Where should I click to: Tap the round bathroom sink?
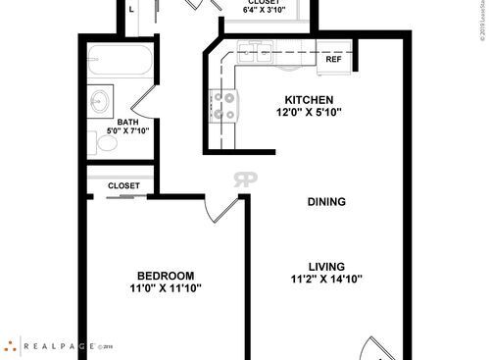pyautogui.click(x=99, y=100)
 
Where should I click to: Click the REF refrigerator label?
pyautogui.click(x=333, y=60)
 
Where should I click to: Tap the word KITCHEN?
pyautogui.click(x=309, y=100)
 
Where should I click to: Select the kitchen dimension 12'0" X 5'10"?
pyautogui.click(x=309, y=113)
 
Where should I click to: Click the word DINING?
pyautogui.click(x=326, y=202)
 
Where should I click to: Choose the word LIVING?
pyautogui.click(x=326, y=265)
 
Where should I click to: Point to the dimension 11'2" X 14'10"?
pyautogui.click(x=326, y=279)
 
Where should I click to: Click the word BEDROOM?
pyautogui.click(x=165, y=275)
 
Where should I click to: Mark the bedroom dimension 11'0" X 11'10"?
pyautogui.click(x=165, y=288)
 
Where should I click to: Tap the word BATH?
pyautogui.click(x=127, y=124)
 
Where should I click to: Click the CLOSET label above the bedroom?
pyautogui.click(x=123, y=184)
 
